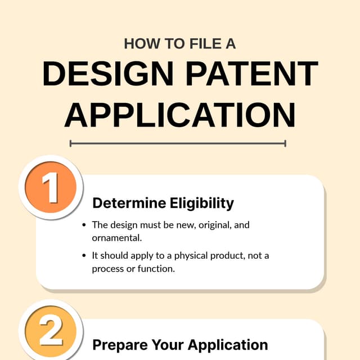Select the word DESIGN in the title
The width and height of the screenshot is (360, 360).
pyautogui.click(x=110, y=74)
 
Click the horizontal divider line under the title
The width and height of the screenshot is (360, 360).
pyautogui.click(x=178, y=143)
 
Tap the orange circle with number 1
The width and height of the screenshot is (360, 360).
pyautogui.click(x=51, y=188)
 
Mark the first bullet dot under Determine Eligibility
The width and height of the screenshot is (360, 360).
pyautogui.click(x=84, y=225)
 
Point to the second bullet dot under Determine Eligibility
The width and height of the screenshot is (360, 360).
pyautogui.click(x=84, y=256)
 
